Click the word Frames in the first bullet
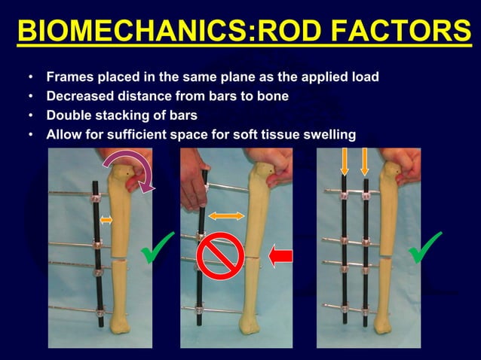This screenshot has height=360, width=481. tap(68, 78)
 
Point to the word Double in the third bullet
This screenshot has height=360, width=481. tap(70, 116)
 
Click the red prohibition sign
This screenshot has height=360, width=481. tap(219, 255)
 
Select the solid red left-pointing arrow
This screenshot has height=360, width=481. tap(280, 258)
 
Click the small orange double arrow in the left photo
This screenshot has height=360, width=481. tap(106, 219)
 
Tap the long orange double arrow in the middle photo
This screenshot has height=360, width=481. tap(226, 216)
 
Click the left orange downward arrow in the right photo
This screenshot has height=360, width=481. tap(345, 161)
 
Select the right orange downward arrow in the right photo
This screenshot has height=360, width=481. tap(365, 161)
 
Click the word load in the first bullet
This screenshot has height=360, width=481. tap(366, 78)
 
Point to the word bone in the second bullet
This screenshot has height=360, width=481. tap(274, 96)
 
